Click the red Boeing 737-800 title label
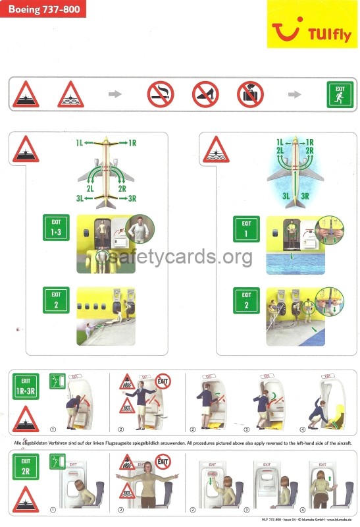click(x=43, y=9)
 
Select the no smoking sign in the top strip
click(x=161, y=94)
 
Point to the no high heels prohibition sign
click(x=205, y=94)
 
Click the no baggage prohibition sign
click(x=250, y=94)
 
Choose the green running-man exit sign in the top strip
click(x=340, y=94)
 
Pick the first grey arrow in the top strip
click(x=115, y=94)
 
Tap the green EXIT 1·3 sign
click(x=56, y=227)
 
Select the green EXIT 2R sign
click(x=26, y=466)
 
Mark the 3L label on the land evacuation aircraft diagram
click(x=80, y=198)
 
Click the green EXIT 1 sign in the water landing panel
click(x=246, y=229)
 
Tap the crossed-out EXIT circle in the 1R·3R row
click(x=162, y=381)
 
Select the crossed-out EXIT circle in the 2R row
click(x=162, y=461)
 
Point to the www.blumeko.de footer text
click(x=338, y=521)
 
